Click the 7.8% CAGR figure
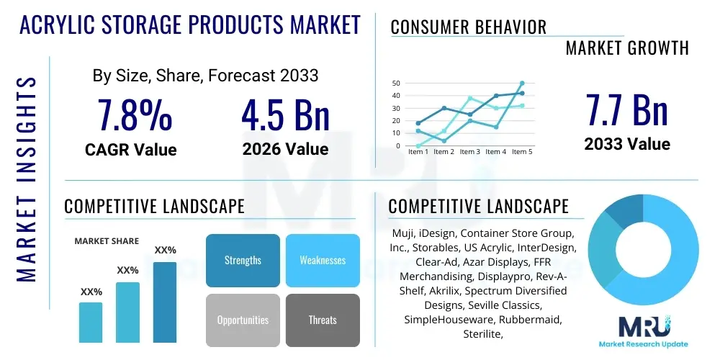(135, 116)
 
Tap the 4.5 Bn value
(285, 116)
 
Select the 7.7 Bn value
(626, 110)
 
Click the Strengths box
(243, 260)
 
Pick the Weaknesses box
(323, 260)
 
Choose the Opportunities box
(243, 320)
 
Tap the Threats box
(323, 320)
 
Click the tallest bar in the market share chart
(165, 302)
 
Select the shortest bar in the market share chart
(91, 322)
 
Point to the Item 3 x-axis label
(470, 152)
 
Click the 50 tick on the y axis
(395, 84)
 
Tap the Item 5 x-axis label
(521, 152)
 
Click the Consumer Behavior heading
(469, 27)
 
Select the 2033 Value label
(626, 144)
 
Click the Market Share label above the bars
(107, 241)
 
